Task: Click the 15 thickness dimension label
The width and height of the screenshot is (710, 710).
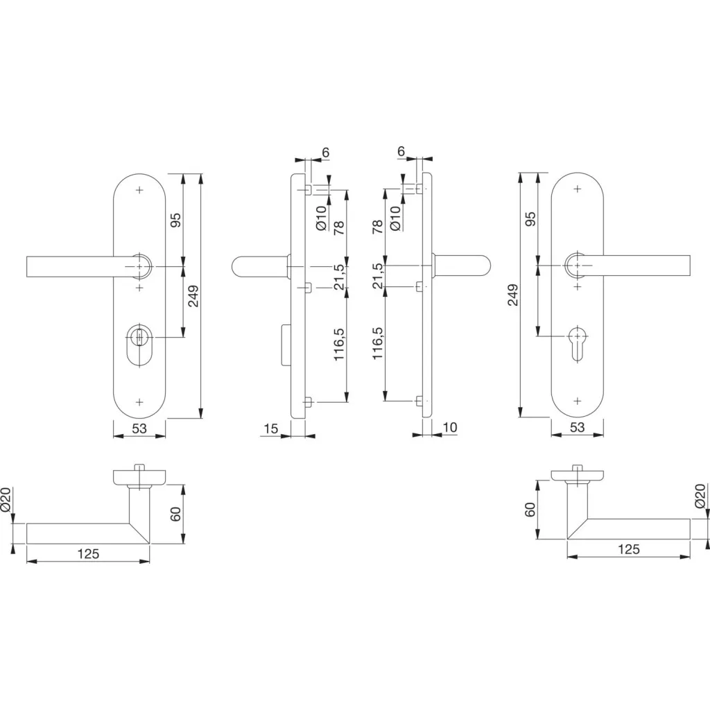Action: (x=271, y=428)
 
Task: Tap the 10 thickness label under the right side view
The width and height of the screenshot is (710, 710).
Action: (x=449, y=427)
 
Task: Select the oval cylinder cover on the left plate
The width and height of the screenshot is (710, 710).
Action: (x=139, y=344)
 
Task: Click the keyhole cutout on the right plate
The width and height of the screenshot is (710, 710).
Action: (x=578, y=343)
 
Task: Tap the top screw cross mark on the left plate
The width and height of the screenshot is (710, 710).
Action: (x=139, y=190)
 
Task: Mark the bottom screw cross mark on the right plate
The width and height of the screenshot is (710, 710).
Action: (x=578, y=401)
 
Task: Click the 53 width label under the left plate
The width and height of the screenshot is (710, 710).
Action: (x=139, y=428)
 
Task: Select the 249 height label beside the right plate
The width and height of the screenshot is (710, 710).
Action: (x=512, y=295)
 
